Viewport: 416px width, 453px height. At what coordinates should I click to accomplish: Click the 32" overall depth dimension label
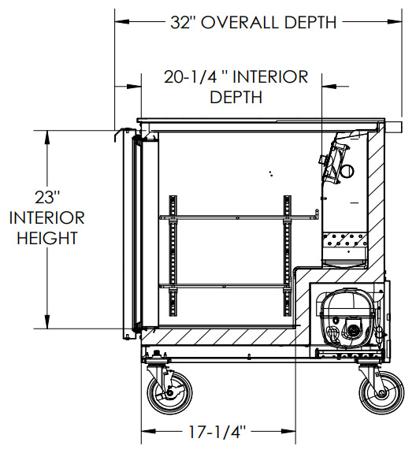254,22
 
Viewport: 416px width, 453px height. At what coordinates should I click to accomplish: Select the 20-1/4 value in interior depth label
191,77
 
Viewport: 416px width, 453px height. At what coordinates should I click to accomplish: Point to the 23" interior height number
47,197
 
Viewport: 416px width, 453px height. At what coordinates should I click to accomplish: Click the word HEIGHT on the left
47,238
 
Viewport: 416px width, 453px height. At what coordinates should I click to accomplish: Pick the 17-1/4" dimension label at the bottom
217,433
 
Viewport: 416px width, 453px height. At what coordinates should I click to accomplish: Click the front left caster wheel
169,392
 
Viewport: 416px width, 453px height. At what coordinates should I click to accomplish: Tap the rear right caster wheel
381,392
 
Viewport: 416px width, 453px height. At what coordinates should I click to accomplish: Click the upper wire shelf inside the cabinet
239,217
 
